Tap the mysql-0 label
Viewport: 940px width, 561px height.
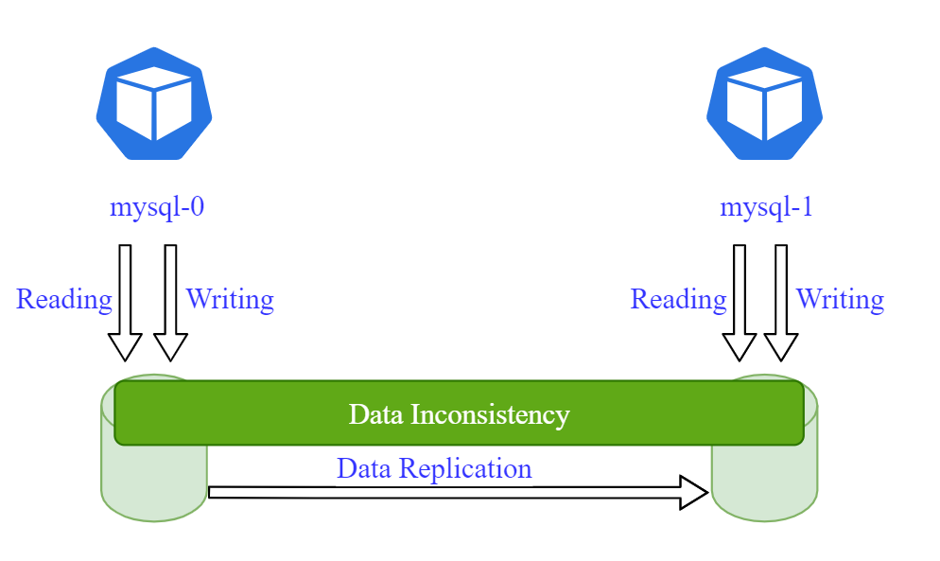click(157, 207)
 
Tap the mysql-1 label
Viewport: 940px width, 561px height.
click(766, 207)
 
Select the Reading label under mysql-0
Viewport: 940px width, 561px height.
click(64, 300)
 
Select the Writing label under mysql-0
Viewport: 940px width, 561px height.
click(230, 300)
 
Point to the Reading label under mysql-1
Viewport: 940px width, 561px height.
click(678, 300)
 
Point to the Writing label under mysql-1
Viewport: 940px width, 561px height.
click(840, 300)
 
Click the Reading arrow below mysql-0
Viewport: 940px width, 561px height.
click(125, 303)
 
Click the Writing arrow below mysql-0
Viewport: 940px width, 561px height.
click(170, 303)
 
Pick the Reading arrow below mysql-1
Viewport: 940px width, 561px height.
click(740, 303)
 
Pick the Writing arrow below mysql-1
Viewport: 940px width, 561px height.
click(780, 303)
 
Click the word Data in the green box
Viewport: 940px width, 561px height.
click(374, 414)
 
